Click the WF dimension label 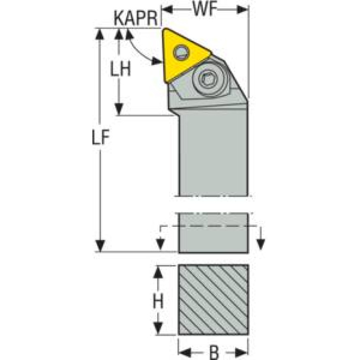[205, 10]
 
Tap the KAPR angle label [136, 18]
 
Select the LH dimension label [121, 68]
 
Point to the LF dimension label [101, 137]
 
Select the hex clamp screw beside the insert [208, 80]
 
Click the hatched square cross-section [213, 299]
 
